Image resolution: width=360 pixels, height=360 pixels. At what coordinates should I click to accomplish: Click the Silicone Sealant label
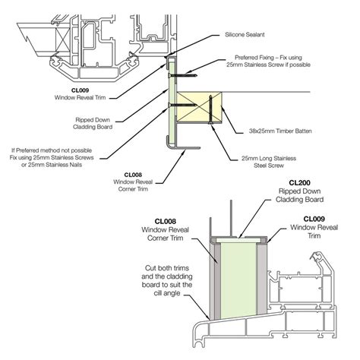click(x=245, y=34)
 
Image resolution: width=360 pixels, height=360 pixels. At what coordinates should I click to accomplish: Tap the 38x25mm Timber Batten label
click(x=280, y=131)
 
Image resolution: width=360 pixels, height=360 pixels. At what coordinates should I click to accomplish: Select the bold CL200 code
click(x=299, y=183)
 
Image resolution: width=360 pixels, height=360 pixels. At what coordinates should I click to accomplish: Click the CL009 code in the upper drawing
click(x=80, y=90)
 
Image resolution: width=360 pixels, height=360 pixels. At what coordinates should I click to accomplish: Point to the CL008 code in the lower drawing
click(x=165, y=222)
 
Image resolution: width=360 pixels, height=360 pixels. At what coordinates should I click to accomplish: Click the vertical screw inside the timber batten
click(x=210, y=109)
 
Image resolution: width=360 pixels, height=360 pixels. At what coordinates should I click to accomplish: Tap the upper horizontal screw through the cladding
click(x=182, y=75)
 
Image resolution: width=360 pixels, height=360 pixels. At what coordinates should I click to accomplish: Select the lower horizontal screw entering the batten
click(x=182, y=105)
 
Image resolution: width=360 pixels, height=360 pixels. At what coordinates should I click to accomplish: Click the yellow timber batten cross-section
click(x=199, y=107)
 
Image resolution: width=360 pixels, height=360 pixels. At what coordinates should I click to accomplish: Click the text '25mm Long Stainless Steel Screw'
click(x=269, y=162)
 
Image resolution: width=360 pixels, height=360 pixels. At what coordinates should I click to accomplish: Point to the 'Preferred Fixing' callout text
click(x=268, y=62)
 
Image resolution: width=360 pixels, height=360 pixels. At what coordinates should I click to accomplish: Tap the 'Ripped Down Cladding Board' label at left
click(x=93, y=123)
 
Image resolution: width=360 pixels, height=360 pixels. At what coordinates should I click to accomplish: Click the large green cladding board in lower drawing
click(x=238, y=279)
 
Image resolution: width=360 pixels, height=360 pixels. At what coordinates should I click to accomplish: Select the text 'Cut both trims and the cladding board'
click(x=167, y=276)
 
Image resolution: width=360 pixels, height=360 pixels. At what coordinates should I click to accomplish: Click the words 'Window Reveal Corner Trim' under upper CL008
click(x=133, y=185)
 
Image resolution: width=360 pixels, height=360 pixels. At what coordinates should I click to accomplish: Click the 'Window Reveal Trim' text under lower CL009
click(x=314, y=232)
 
